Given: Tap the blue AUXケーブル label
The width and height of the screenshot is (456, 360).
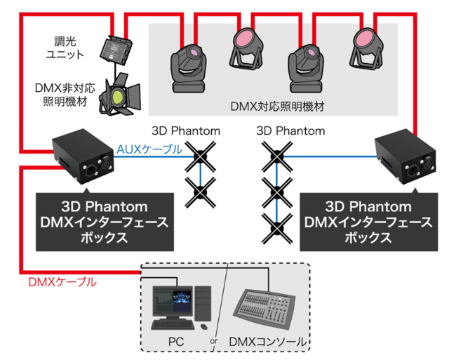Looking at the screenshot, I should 149,149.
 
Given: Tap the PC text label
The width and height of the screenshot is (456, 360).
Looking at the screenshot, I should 175,342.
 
